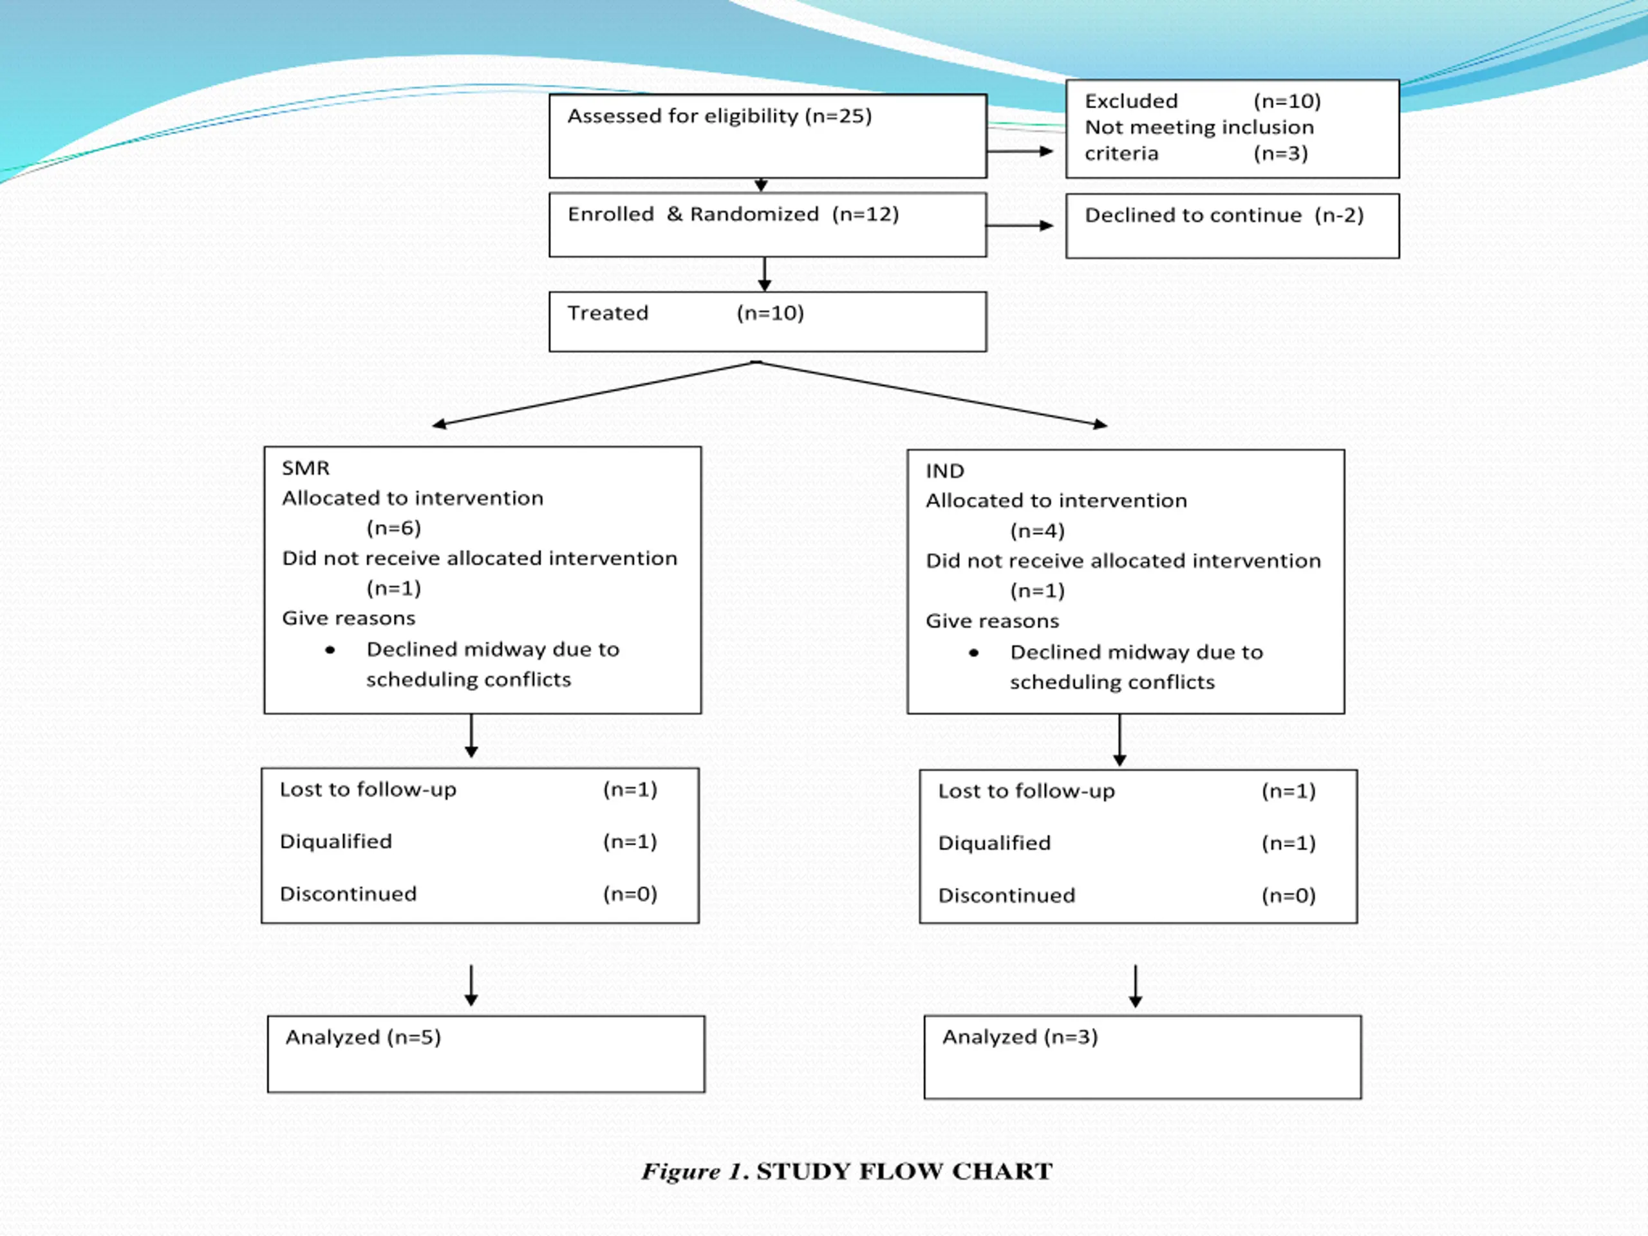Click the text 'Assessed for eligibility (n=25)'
(x=720, y=117)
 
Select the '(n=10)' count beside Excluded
(x=1287, y=101)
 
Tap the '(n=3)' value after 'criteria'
(x=1280, y=153)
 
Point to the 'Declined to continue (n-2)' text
(x=1224, y=215)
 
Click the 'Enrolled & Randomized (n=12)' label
(x=733, y=214)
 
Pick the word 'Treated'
(x=608, y=313)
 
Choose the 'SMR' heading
(x=306, y=468)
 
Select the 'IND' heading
(x=944, y=471)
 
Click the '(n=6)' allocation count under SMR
(x=393, y=529)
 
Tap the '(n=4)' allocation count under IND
(x=1037, y=531)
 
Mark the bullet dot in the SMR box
(x=330, y=650)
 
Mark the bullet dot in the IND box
(x=974, y=653)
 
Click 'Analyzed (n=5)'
(x=364, y=1037)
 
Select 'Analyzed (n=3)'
(x=1020, y=1037)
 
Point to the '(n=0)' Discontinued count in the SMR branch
(x=630, y=894)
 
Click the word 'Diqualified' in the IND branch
(x=995, y=843)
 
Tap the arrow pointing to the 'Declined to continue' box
(x=1020, y=226)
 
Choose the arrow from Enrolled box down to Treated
(x=764, y=274)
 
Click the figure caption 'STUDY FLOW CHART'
(x=904, y=1171)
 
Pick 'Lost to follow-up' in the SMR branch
(x=368, y=790)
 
